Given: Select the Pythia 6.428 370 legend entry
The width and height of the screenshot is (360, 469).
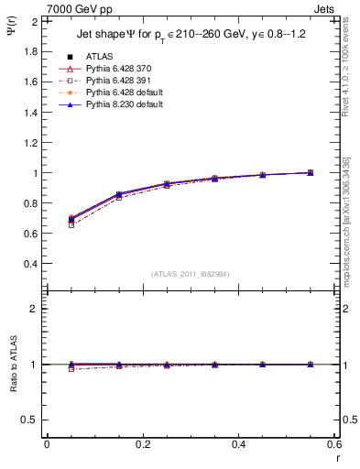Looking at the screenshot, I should click(115, 69).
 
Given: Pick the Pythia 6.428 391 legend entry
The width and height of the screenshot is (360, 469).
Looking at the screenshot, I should click(115, 81).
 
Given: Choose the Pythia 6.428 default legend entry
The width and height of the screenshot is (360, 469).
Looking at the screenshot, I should click(120, 93).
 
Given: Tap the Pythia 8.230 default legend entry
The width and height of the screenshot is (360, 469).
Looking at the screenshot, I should click(120, 104).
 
